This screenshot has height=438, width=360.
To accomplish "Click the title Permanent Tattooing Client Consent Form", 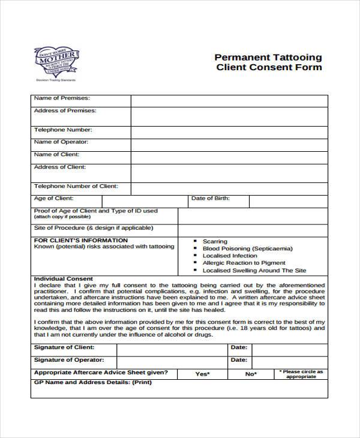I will pyautogui.click(x=268, y=62).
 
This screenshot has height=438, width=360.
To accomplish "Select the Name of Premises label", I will pyautogui.click(x=62, y=98).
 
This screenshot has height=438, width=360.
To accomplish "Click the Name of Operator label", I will pyautogui.click(x=61, y=142).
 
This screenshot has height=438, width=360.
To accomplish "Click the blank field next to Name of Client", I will pyautogui.click(x=229, y=157).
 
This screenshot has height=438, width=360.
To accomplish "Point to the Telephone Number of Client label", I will pyautogui.click(x=76, y=186).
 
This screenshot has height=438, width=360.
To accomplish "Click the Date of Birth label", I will pyautogui.click(x=210, y=198).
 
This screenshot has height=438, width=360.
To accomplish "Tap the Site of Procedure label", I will pyautogui.click(x=94, y=229).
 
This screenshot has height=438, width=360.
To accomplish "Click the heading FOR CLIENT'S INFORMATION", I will pyautogui.click(x=81, y=240).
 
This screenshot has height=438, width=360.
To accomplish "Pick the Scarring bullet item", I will pyautogui.click(x=215, y=241).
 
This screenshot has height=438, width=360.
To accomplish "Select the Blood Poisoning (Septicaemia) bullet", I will pyautogui.click(x=239, y=248).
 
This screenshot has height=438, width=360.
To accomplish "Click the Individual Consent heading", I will pyautogui.click(x=64, y=279).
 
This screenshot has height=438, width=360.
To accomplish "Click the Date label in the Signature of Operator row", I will pyautogui.click(x=239, y=360).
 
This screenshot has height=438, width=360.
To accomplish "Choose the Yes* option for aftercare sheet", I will pyautogui.click(x=202, y=374).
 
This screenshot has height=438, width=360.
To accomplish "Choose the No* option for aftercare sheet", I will pyautogui.click(x=251, y=374).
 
